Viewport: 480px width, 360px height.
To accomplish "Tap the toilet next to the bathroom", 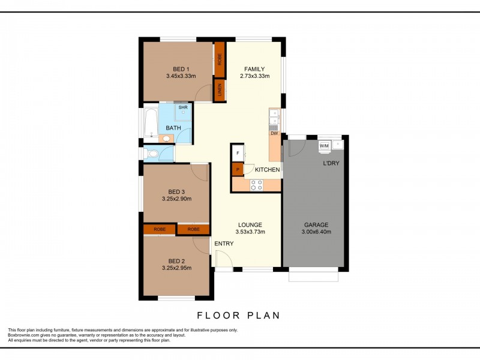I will coord(152,154).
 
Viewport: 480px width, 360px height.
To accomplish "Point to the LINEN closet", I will coord(220,91).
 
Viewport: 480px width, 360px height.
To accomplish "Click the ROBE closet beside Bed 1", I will coord(220,60).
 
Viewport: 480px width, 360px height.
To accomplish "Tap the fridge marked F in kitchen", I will coord(238,154).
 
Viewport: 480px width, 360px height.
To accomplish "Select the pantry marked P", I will coord(238,170).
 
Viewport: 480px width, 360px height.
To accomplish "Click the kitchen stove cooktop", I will coord(256,186).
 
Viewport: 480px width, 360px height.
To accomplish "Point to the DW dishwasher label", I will coord(274,133).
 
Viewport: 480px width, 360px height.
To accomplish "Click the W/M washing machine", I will coord(324,146).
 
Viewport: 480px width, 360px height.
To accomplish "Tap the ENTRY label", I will coord(224,243).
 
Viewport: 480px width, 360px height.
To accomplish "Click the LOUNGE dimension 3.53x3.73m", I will coord(250,232).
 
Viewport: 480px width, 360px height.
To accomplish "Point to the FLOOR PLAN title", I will coord(238,314).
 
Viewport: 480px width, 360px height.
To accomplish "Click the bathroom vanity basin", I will coord(167,139).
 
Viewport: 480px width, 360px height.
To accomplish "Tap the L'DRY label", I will coord(331,163).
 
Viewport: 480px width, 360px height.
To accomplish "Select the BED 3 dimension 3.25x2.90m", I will coord(177,198).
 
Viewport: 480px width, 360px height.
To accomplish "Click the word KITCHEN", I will coord(267,170).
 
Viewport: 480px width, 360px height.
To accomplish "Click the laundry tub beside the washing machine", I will coord(338,145).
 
